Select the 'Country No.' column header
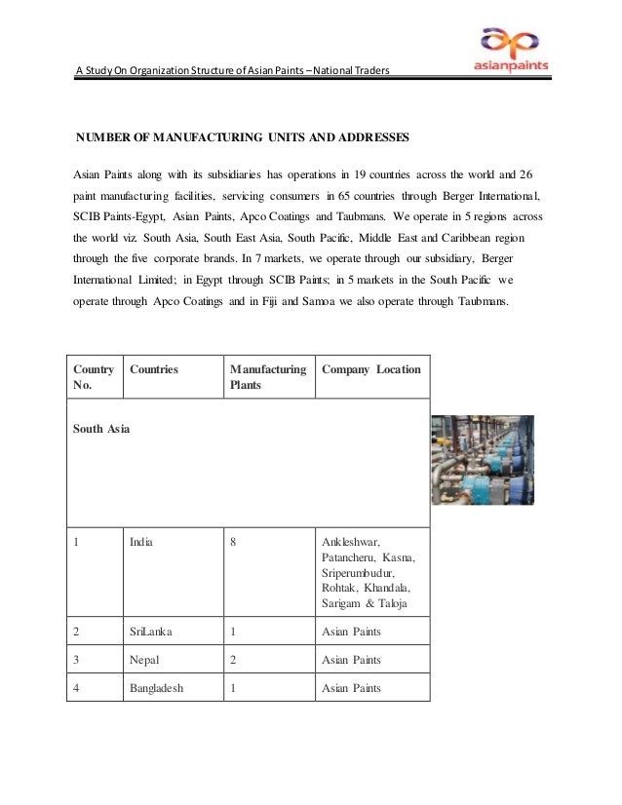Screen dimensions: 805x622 (x=94, y=377)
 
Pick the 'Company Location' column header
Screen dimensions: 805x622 (x=370, y=369)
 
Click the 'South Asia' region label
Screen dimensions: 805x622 (x=102, y=428)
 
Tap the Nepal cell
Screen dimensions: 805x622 (x=144, y=660)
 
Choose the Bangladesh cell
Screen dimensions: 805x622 (x=157, y=687)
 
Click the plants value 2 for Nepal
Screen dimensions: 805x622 (x=233, y=660)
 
